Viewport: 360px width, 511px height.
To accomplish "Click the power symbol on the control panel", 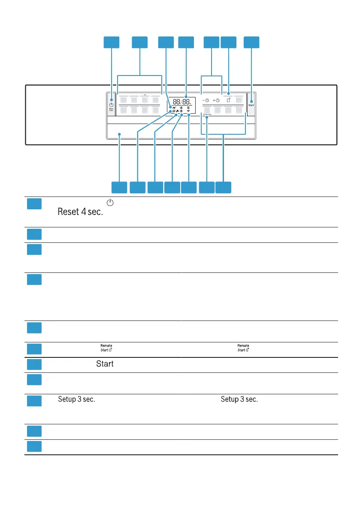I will [112, 105].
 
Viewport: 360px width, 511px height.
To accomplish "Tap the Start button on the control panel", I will [251, 105].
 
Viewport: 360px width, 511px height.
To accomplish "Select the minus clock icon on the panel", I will [206, 100].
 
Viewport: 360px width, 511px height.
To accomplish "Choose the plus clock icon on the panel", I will [216, 100].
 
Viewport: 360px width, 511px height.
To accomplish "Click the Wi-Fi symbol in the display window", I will [188, 111].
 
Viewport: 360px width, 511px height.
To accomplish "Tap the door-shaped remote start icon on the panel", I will [229, 100].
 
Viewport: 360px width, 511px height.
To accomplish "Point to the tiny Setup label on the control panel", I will [207, 115].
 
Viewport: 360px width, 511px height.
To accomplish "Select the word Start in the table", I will [105, 364].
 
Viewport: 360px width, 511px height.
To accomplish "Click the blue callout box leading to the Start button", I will [252, 42].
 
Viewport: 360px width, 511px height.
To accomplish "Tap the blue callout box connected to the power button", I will [112, 42].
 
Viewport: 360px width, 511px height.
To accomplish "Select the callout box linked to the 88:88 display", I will [186, 42].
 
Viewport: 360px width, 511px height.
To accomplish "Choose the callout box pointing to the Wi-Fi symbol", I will [189, 187].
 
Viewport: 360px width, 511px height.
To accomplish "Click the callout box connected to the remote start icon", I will [229, 42].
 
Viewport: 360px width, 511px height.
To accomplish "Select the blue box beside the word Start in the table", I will [34, 364].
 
